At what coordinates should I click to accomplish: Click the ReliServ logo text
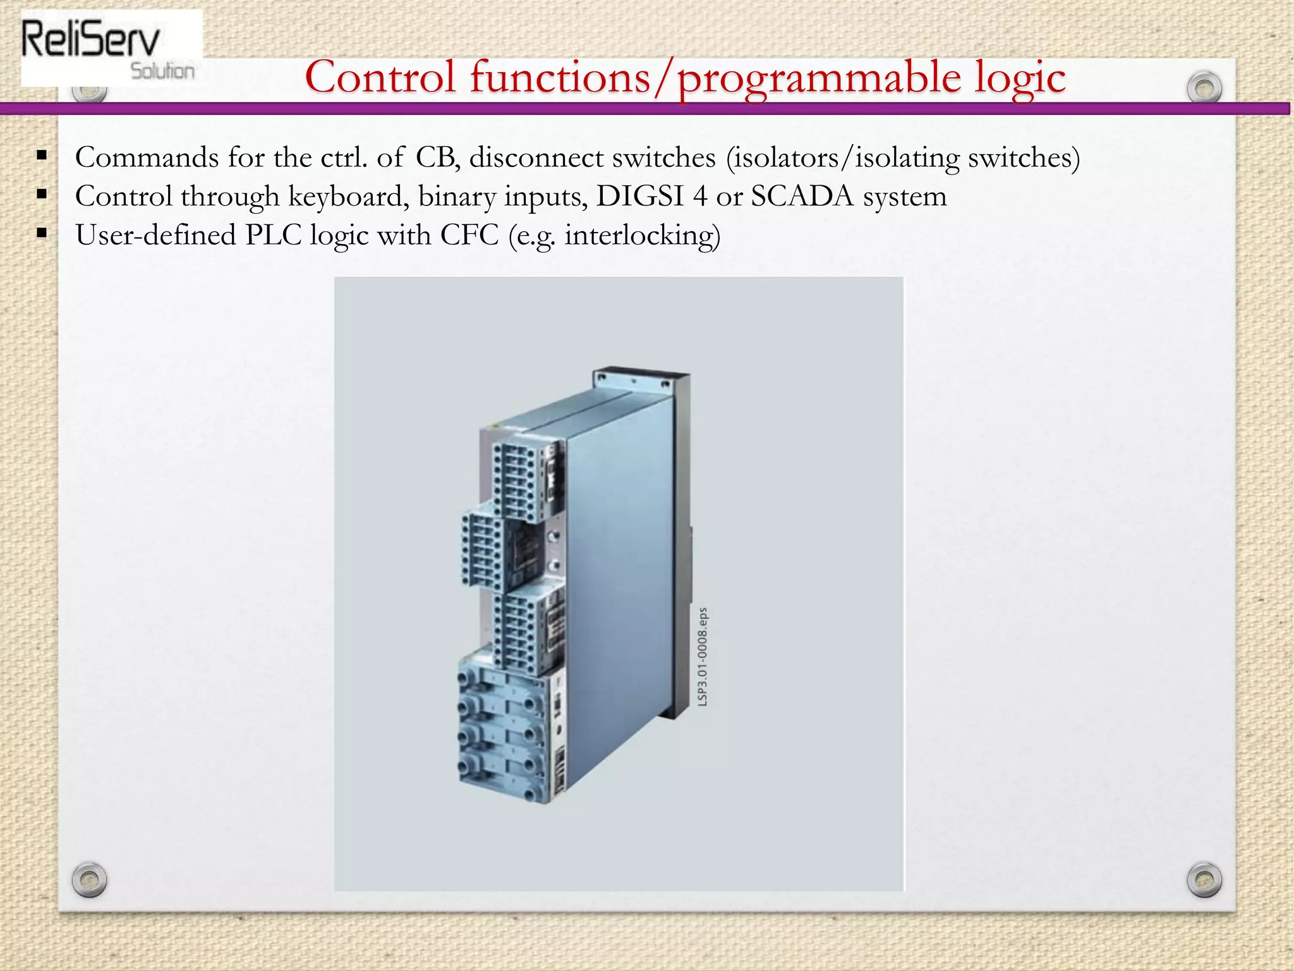pyautogui.click(x=90, y=39)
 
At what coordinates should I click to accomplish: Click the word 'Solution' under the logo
pyautogui.click(x=162, y=71)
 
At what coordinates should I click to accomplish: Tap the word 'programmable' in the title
pyautogui.click(x=819, y=78)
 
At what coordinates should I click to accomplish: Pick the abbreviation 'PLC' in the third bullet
pyautogui.click(x=273, y=235)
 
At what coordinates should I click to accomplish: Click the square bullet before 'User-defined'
pyautogui.click(x=42, y=233)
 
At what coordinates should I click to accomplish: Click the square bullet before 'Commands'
pyautogui.click(x=42, y=156)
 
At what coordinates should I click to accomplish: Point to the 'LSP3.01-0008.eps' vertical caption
pyautogui.click(x=703, y=657)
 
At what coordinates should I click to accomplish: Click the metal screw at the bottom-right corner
pyautogui.click(x=1204, y=879)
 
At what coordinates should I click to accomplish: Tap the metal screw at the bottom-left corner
pyautogui.click(x=89, y=879)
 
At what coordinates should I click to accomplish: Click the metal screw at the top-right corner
pyautogui.click(x=1204, y=88)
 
